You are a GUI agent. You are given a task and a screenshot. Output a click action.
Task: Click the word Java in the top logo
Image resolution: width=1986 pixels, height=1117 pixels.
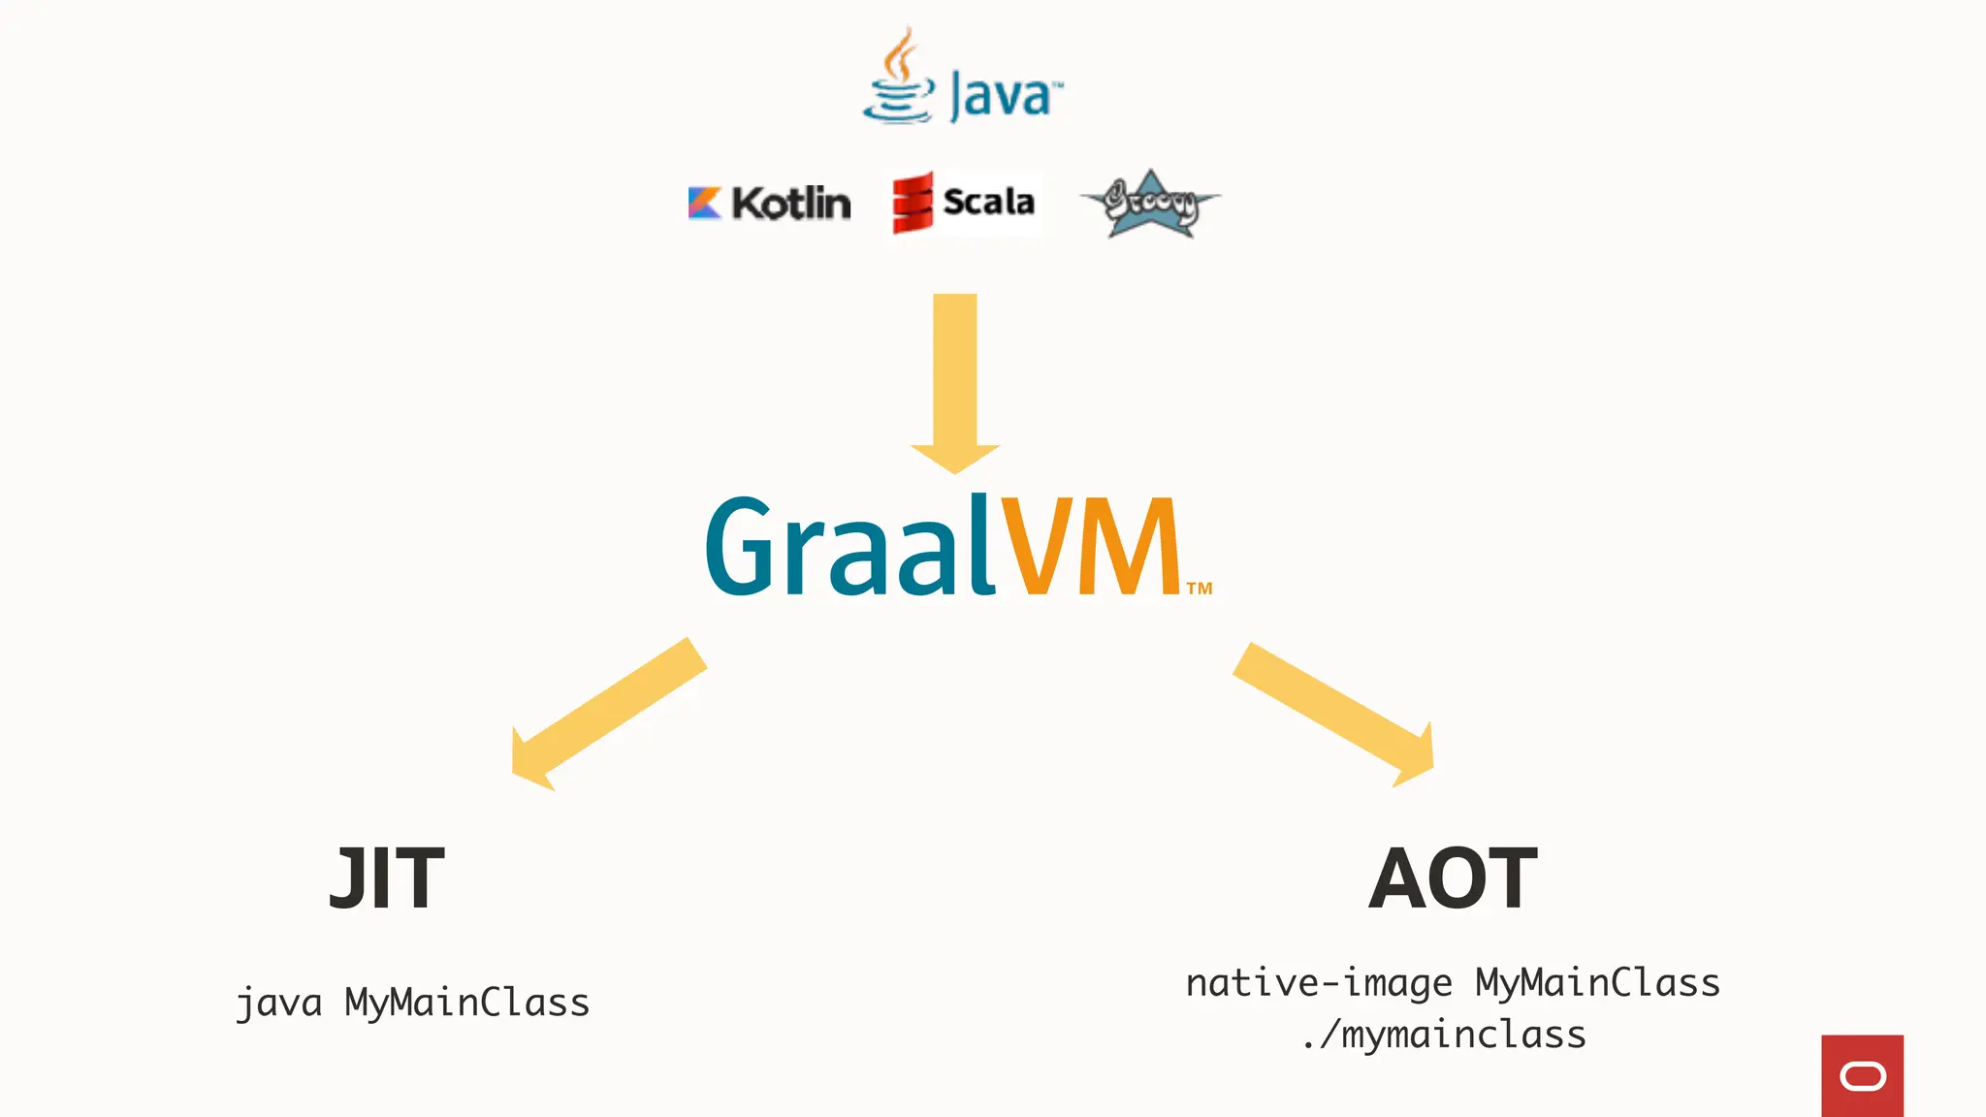pyautogui.click(x=1002, y=96)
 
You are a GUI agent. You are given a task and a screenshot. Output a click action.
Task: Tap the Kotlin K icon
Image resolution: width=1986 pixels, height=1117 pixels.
pyautogui.click(x=705, y=203)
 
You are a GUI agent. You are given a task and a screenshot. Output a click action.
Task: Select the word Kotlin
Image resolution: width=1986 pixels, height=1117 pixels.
pyautogui.click(x=791, y=203)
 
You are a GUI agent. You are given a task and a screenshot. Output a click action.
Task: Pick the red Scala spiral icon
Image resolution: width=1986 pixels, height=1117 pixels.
pyautogui.click(x=913, y=203)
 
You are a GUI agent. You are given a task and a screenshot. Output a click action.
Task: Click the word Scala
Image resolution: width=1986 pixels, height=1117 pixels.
pyautogui.click(x=988, y=202)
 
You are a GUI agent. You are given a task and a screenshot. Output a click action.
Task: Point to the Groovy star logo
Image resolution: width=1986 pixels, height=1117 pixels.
pyautogui.click(x=1150, y=204)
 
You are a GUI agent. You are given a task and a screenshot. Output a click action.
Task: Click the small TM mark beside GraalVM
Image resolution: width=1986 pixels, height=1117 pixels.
pyautogui.click(x=1200, y=589)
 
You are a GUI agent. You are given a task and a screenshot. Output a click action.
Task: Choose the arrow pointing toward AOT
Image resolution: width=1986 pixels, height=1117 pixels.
pyautogui.click(x=1334, y=713)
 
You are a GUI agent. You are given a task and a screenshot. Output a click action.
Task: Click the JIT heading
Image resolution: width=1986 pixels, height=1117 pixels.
pyautogui.click(x=387, y=878)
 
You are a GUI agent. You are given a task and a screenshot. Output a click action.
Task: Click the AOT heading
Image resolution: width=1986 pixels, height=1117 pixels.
pyautogui.click(x=1453, y=878)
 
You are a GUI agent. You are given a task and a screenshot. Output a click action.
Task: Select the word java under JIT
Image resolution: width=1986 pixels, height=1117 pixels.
pyautogui.click(x=279, y=1003)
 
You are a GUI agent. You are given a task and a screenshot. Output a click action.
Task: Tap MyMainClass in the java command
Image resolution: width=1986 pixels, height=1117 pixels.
pyautogui.click(x=467, y=1003)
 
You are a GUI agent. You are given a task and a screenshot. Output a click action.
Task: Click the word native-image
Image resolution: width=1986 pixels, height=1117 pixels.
pyautogui.click(x=1319, y=983)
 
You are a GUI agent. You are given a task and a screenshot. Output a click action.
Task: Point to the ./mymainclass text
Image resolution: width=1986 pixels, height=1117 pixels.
pyautogui.click(x=1444, y=1036)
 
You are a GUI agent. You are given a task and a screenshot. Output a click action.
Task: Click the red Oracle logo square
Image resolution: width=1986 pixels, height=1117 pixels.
pyautogui.click(x=1862, y=1075)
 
